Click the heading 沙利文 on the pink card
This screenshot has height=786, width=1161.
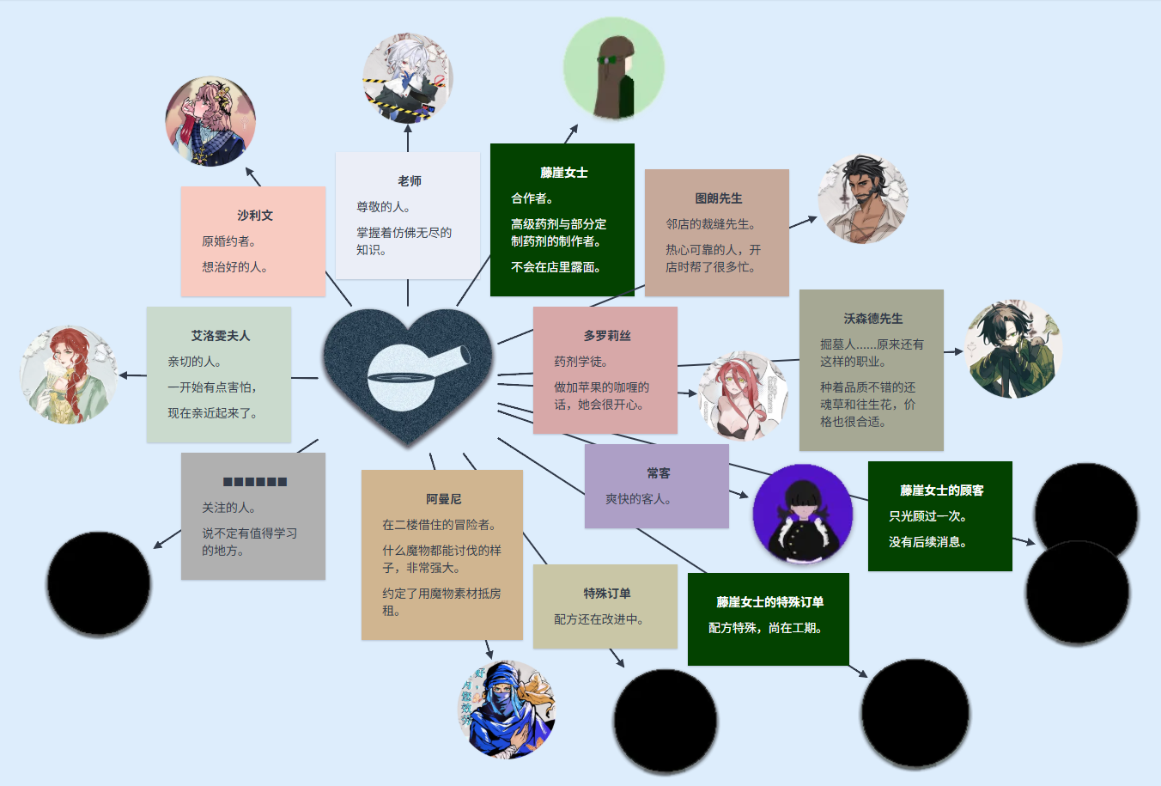pos(254,216)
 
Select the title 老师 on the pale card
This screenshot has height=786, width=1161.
pos(409,181)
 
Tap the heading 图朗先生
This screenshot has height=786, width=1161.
pos(718,198)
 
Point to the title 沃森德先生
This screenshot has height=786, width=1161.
pos(872,319)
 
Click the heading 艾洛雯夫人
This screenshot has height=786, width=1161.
pos(220,336)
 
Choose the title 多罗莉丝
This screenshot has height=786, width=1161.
pos(606,336)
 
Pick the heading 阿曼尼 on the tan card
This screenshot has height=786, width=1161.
pos(443,499)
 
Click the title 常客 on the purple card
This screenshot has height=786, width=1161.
pos(658,473)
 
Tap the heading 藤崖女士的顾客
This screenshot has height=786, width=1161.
pos(941,490)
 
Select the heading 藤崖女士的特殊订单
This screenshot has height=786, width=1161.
pos(769,602)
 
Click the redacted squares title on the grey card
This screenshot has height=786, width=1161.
pos(254,482)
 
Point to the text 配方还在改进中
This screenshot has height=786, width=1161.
pos(599,619)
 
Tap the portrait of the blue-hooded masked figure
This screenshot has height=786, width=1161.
pos(507,709)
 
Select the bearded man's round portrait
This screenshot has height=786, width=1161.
pos(863,199)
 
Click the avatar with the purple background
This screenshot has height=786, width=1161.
pos(802,514)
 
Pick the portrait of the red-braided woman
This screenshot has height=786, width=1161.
pos(69,375)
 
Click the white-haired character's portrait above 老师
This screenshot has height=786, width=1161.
pos(407,78)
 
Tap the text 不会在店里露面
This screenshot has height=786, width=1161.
pos(556,267)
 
